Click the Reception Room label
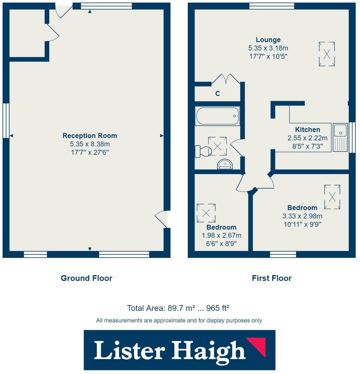tap(90, 136)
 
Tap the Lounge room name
tap(268, 40)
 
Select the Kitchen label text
tap(307, 130)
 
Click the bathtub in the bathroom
tap(217, 116)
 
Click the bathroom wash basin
tap(225, 165)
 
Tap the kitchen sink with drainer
tap(340, 137)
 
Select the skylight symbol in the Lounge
tap(327, 54)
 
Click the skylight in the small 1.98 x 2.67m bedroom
tap(206, 213)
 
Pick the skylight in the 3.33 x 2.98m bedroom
tap(332, 197)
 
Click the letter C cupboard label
tap(218, 94)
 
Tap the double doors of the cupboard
tap(225, 79)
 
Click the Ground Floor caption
tap(86, 278)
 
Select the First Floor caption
tap(272, 278)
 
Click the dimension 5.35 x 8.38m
tap(90, 144)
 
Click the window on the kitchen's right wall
tap(352, 137)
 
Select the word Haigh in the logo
tap(209, 351)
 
